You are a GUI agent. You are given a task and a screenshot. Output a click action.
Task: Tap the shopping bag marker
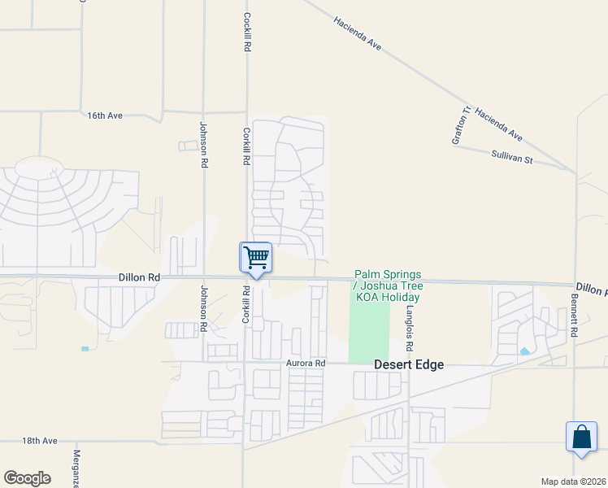pos(582,437)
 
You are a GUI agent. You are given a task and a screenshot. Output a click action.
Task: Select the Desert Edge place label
pos(409,365)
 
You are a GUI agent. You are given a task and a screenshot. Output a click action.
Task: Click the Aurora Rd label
pos(306,364)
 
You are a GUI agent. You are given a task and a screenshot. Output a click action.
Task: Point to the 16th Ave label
pos(105,115)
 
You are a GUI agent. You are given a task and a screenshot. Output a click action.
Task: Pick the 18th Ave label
pos(40,441)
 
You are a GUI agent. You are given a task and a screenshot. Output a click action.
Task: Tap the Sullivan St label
pos(511,156)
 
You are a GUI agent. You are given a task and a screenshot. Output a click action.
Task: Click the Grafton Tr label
pos(461,125)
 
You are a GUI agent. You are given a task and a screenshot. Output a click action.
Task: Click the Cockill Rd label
pos(245,32)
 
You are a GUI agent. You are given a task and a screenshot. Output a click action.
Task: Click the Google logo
pos(27,478)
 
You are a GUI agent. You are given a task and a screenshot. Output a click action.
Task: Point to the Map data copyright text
pos(573,481)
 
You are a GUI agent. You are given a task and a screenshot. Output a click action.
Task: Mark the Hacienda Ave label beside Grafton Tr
pos(499,124)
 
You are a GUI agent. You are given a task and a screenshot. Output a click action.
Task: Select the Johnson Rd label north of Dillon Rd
pos(203,145)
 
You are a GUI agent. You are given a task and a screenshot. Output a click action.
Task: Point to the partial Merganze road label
pos(76,468)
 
